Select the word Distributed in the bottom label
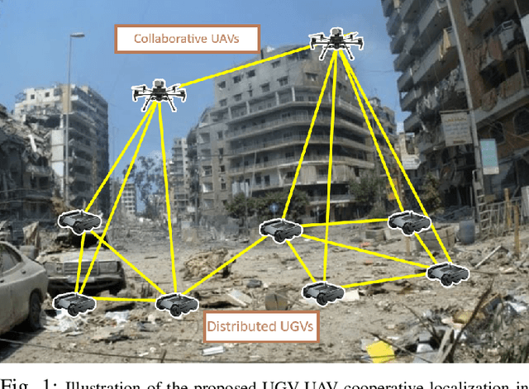[239, 325]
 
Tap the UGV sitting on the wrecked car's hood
[80, 221]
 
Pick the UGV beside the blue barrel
[408, 221]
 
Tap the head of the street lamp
[77, 36]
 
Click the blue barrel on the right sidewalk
[467, 230]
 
